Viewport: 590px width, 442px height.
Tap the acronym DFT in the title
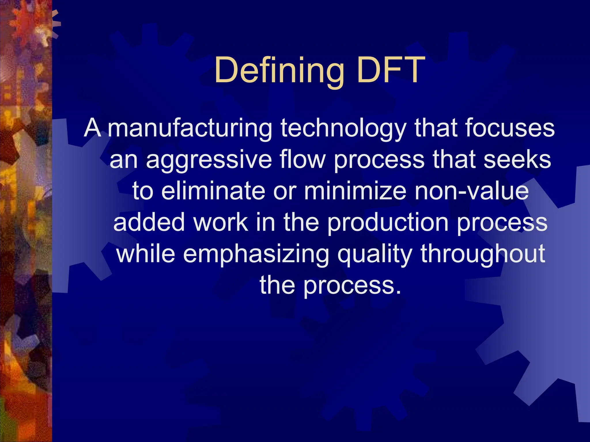click(x=391, y=70)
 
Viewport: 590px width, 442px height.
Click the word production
click(x=388, y=223)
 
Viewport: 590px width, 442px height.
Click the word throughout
click(x=483, y=254)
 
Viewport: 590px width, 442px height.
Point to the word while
click(x=145, y=254)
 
